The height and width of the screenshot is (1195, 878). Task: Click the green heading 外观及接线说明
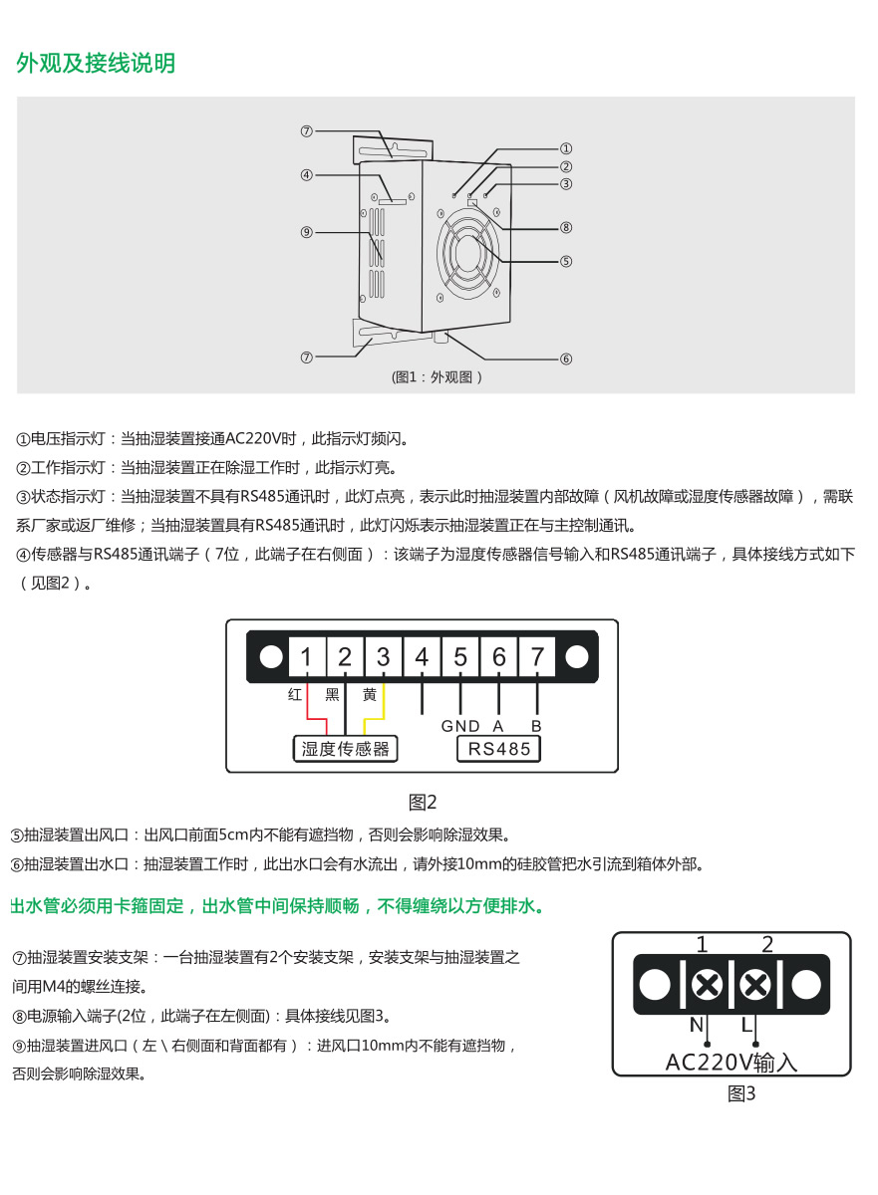pyautogui.click(x=96, y=63)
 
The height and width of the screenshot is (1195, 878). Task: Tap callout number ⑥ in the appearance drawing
pyautogui.click(x=566, y=358)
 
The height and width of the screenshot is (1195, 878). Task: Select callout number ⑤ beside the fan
pyautogui.click(x=566, y=261)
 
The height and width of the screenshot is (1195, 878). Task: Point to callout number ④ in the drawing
pyautogui.click(x=306, y=175)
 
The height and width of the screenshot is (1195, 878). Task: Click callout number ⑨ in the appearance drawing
pyautogui.click(x=306, y=232)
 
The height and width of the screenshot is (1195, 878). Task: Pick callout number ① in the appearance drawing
pyautogui.click(x=566, y=148)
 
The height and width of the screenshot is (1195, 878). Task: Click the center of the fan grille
pyautogui.click(x=468, y=253)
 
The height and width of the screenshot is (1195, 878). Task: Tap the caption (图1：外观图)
pyautogui.click(x=437, y=377)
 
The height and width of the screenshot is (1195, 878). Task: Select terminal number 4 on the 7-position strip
pyautogui.click(x=422, y=656)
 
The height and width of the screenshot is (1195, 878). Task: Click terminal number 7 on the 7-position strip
pyautogui.click(x=537, y=656)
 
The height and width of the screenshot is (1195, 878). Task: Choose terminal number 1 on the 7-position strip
pyautogui.click(x=306, y=656)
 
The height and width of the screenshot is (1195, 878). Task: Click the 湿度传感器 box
pyautogui.click(x=346, y=749)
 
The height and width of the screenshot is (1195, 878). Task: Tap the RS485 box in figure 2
pyautogui.click(x=499, y=749)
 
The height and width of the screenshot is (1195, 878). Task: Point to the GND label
pyautogui.click(x=460, y=726)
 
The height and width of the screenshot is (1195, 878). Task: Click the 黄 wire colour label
pyautogui.click(x=370, y=694)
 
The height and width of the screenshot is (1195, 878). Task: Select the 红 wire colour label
pyautogui.click(x=295, y=694)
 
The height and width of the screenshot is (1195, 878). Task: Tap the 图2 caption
pyautogui.click(x=423, y=802)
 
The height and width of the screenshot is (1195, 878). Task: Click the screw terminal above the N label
pyautogui.click(x=707, y=984)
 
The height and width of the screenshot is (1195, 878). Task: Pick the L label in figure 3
pyautogui.click(x=747, y=1025)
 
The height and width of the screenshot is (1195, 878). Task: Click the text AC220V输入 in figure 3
pyautogui.click(x=732, y=1063)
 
